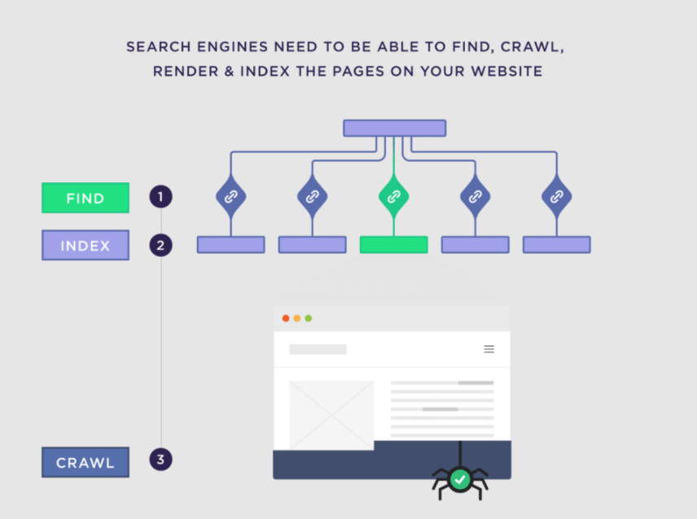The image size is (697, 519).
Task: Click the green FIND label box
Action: (85, 198)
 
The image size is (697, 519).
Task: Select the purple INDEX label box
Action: (85, 245)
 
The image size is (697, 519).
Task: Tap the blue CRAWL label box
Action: (85, 462)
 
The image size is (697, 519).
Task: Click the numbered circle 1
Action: (160, 197)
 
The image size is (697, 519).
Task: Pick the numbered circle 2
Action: (160, 245)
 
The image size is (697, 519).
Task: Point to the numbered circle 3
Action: (160, 460)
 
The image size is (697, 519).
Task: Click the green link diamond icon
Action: (394, 196)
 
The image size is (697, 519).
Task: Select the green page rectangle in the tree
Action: (394, 245)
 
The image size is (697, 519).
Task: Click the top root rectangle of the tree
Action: (395, 128)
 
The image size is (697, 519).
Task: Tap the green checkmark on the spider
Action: (460, 479)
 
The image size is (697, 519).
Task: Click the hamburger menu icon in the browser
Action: (489, 350)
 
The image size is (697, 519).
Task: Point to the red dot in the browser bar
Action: (286, 318)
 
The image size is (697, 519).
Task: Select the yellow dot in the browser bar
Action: (297, 318)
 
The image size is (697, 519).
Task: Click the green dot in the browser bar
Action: (309, 318)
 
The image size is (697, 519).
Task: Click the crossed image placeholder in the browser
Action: (331, 415)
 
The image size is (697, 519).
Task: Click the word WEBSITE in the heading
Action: (506, 71)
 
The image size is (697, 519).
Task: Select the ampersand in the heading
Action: (230, 71)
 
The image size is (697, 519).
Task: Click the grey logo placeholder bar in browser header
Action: (318, 350)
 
